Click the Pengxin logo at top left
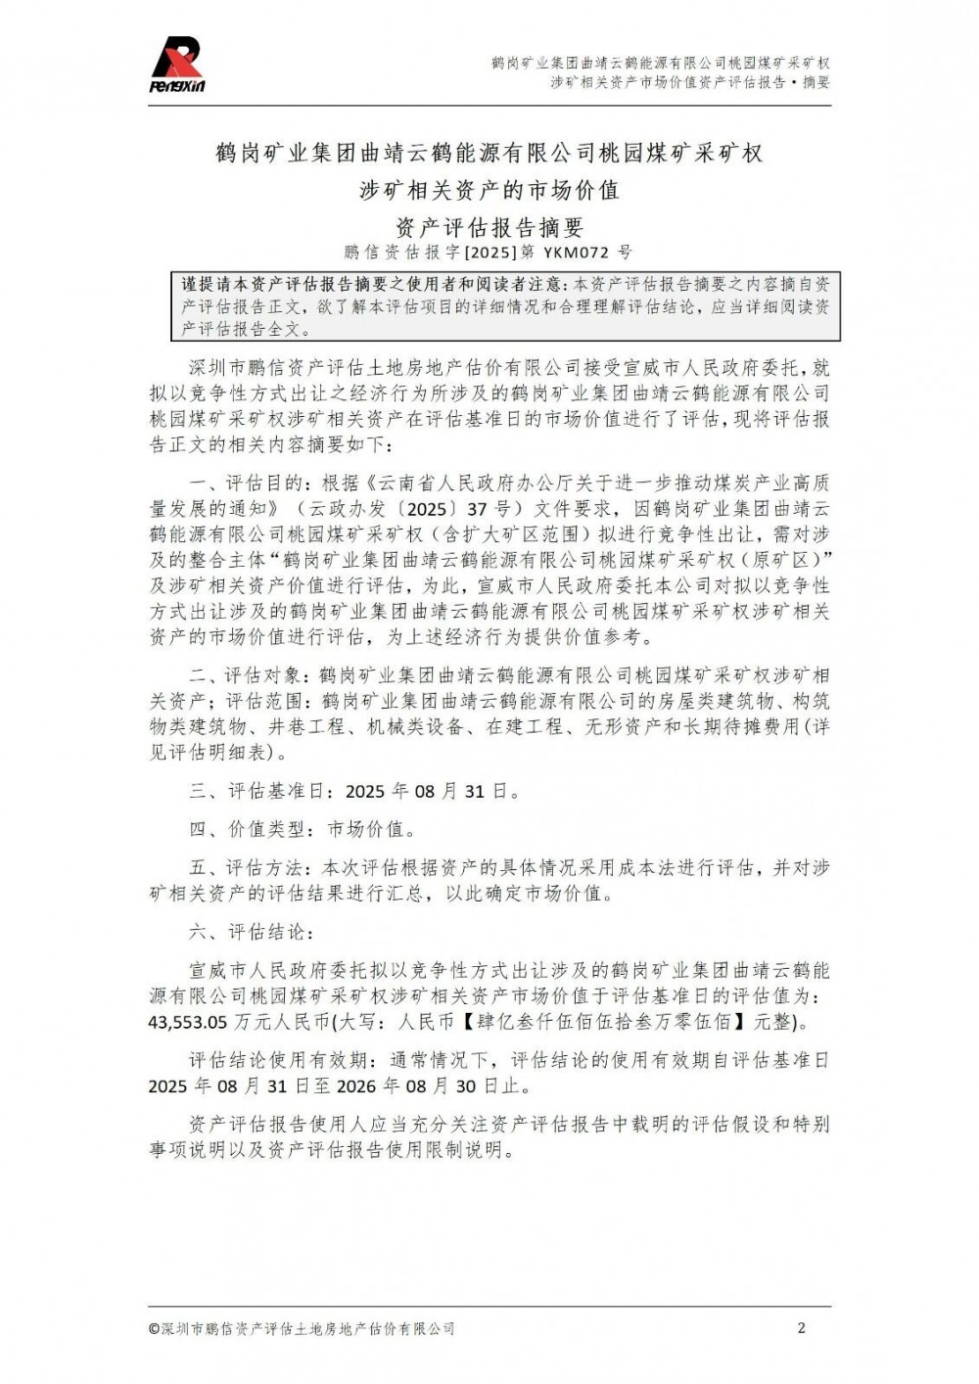tap(177, 65)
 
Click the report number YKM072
tap(586, 253)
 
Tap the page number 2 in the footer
tap(802, 1328)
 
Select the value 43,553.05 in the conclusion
tap(188, 1023)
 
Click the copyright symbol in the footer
tap(154, 1329)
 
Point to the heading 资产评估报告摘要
tap(489, 227)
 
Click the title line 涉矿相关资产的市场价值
tap(489, 190)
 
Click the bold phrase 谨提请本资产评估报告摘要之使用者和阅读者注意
tap(372, 285)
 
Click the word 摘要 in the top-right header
tap(816, 82)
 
